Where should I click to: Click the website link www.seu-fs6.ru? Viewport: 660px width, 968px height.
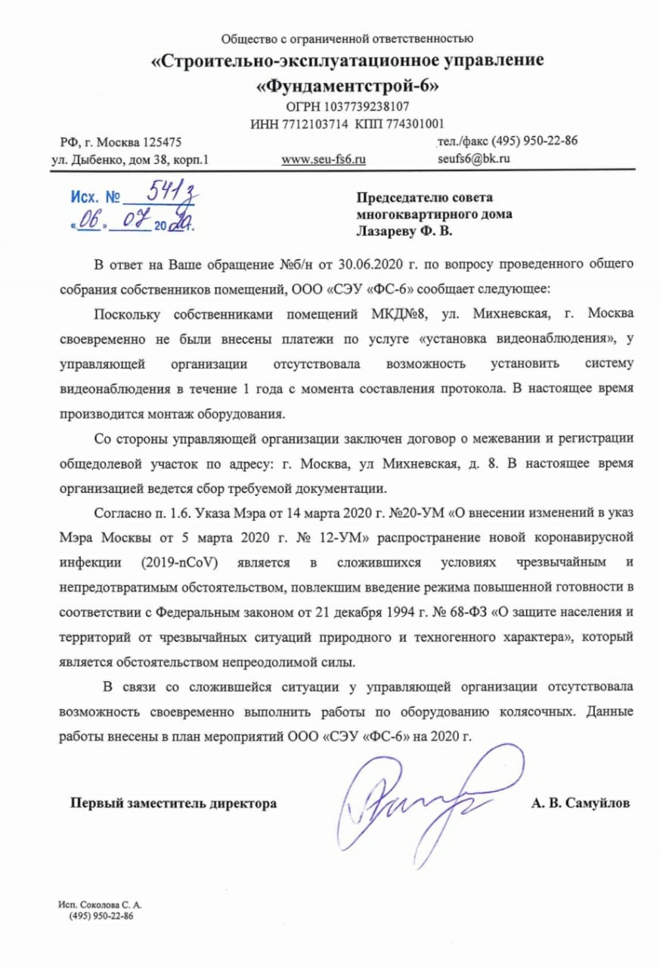pyautogui.click(x=324, y=160)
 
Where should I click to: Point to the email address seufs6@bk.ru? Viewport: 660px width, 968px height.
pyautogui.click(x=473, y=159)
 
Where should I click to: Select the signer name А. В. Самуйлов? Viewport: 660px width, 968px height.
pyautogui.click(x=580, y=803)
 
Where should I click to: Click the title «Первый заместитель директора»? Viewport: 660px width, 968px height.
pyautogui.click(x=173, y=803)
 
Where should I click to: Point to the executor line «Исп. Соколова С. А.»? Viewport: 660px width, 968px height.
pyautogui.click(x=101, y=904)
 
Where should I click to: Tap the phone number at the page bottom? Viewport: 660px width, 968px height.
pyautogui.click(x=101, y=916)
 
